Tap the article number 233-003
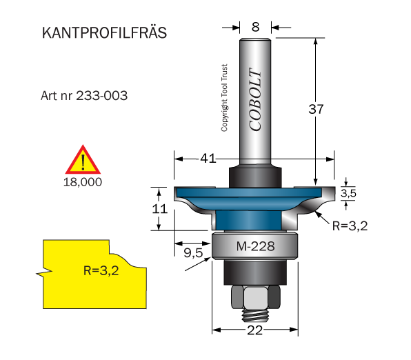101,95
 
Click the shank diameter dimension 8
255,27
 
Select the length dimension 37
316,109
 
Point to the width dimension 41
208,159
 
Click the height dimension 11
159,209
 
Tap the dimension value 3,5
348,193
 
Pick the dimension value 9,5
193,253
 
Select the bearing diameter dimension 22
254,330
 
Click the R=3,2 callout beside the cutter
350,226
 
